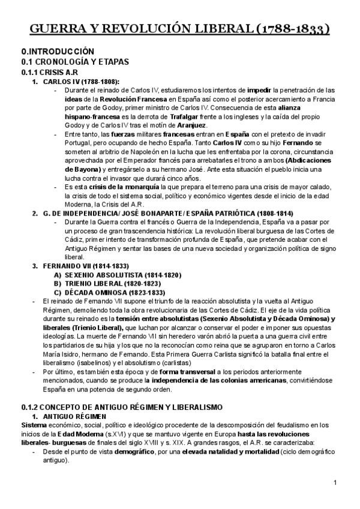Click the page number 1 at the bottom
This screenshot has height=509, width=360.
click(335, 483)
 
